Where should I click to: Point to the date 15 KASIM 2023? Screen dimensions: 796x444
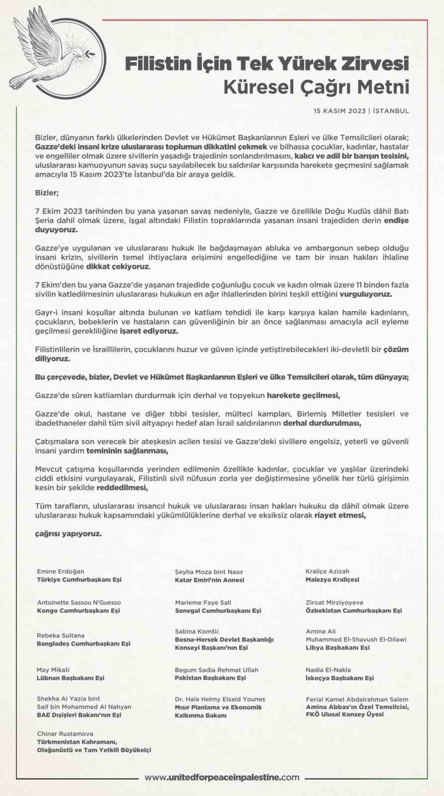pyautogui.click(x=340, y=111)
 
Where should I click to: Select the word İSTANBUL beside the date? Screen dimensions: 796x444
pyautogui.click(x=391, y=111)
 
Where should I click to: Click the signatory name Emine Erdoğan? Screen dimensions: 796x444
pyautogui.click(x=61, y=571)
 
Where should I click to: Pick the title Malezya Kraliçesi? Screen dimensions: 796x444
pyautogui.click(x=332, y=580)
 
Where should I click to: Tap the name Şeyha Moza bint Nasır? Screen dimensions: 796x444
pyautogui.click(x=209, y=572)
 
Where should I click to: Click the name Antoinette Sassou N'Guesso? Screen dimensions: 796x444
pyautogui.click(x=79, y=602)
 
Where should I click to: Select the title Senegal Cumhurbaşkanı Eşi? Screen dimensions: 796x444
pyautogui.click(x=218, y=610)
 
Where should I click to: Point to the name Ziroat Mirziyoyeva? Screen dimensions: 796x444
pyautogui.click(x=334, y=602)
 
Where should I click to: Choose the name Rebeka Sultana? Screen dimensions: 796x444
pyautogui.click(x=61, y=635)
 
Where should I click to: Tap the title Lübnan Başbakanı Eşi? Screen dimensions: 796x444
pyautogui.click(x=71, y=678)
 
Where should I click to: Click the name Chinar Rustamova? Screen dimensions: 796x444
pyautogui.click(x=65, y=733)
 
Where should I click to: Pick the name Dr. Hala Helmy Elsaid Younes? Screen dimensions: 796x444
pyautogui.click(x=220, y=699)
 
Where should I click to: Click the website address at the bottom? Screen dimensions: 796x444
pyautogui.click(x=222, y=777)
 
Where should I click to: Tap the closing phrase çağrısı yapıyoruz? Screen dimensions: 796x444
pyautogui.click(x=68, y=534)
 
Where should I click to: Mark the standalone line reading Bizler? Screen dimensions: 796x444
pyautogui.click(x=47, y=193)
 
